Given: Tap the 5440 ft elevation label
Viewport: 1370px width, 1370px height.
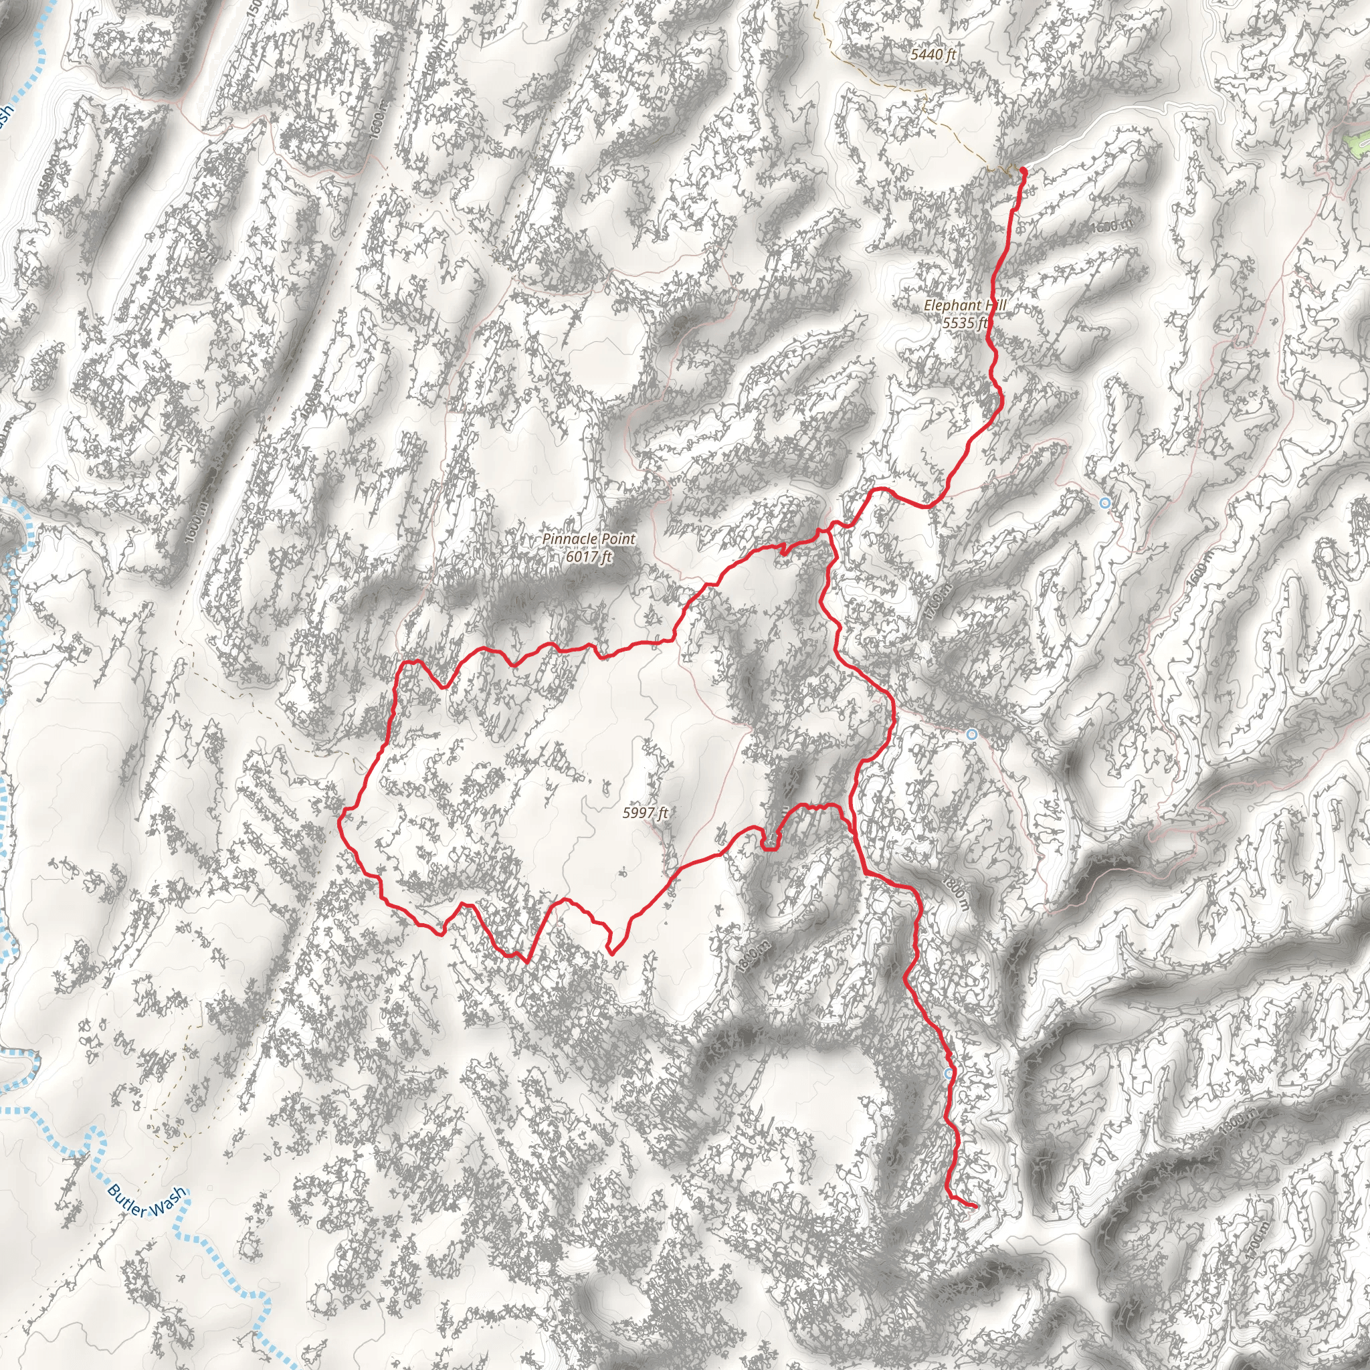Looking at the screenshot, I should tap(933, 55).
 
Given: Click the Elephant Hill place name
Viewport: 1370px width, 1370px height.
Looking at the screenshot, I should tap(965, 306).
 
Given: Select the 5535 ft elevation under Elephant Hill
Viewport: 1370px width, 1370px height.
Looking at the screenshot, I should tap(965, 323).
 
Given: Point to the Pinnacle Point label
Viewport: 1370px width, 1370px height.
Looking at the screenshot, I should tap(589, 539).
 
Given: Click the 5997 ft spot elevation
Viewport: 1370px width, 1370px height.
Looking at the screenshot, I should tap(645, 813).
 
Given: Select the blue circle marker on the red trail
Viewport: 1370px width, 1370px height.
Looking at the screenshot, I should tap(949, 1074).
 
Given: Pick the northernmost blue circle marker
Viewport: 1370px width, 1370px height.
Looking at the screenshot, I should tap(1105, 503).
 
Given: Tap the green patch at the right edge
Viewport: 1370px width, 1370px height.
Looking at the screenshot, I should tap(1358, 142).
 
